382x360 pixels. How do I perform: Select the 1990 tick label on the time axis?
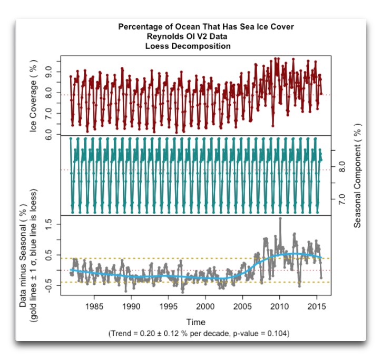point(132,307)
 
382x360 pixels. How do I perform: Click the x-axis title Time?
point(195,322)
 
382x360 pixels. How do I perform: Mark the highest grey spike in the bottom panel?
point(280,218)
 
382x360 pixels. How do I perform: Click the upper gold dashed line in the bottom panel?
point(158,258)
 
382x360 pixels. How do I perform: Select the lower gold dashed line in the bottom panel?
point(158,282)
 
